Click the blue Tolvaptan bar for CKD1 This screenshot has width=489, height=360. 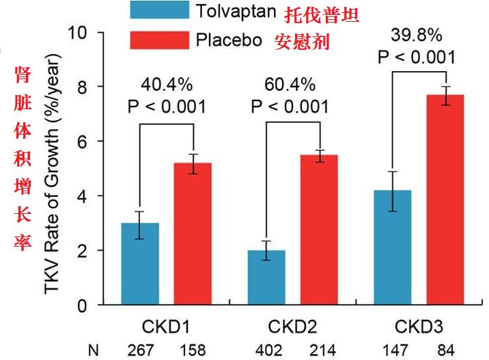[140, 264]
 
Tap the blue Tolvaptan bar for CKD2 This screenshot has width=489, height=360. [266, 278]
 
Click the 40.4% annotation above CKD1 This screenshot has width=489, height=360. [167, 85]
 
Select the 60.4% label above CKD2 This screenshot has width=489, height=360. [290, 85]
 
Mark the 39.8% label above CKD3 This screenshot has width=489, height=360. [417, 34]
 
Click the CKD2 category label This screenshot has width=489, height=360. [292, 327]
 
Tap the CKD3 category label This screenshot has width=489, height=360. [418, 327]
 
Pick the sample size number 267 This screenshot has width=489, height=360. [140, 350]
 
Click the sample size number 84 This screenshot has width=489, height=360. [445, 350]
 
